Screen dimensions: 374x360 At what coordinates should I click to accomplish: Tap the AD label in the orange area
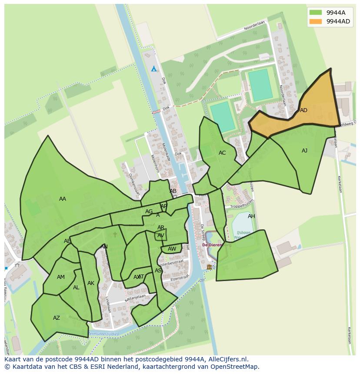pos(303,110)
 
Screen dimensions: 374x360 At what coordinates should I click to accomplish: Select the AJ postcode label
pos(304,151)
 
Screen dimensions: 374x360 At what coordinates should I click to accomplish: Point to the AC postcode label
pos(222,153)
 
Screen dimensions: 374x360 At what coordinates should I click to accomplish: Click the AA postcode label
pos(63,199)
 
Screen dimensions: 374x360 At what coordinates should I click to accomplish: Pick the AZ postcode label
pos(57,318)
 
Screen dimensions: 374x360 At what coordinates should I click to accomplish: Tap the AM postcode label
pos(61,277)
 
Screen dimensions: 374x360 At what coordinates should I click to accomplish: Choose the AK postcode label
pos(91,283)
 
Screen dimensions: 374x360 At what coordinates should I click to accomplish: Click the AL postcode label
pos(76,288)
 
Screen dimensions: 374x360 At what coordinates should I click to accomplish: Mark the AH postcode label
pos(251,216)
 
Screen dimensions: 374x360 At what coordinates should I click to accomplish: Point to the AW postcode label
pos(172,249)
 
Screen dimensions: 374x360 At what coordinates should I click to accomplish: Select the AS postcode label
pos(158,271)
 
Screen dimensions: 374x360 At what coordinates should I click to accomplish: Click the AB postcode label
pos(173,191)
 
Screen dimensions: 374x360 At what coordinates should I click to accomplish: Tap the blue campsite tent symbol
pos(153,69)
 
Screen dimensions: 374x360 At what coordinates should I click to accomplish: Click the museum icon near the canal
pos(209,267)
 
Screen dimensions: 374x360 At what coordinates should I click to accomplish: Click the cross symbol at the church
pos(115,235)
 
